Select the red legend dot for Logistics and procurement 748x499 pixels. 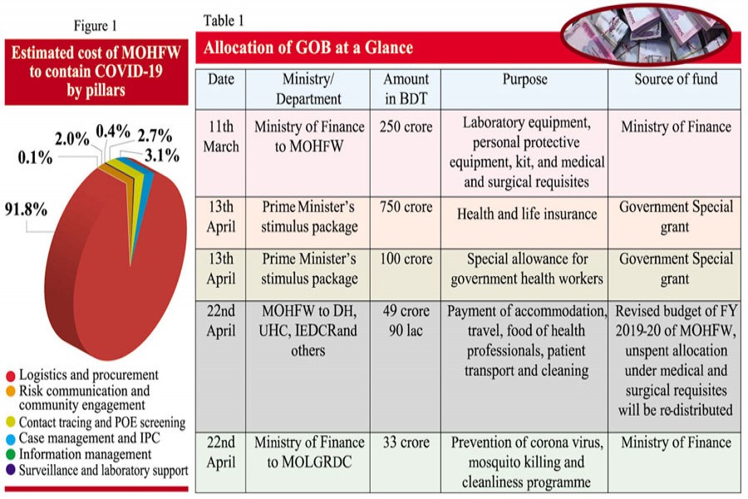10,375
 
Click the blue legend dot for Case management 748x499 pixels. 10,438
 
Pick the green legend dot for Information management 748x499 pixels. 10,454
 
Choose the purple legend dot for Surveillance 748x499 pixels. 10,470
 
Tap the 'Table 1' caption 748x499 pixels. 224,20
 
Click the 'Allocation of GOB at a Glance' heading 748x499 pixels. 308,47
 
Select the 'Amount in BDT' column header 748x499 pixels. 406,88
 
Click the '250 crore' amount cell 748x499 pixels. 406,127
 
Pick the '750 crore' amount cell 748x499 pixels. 406,206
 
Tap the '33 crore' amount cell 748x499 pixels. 406,442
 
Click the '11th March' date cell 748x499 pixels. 222,136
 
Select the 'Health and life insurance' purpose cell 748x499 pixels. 527,214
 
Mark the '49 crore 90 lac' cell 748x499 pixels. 406,321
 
